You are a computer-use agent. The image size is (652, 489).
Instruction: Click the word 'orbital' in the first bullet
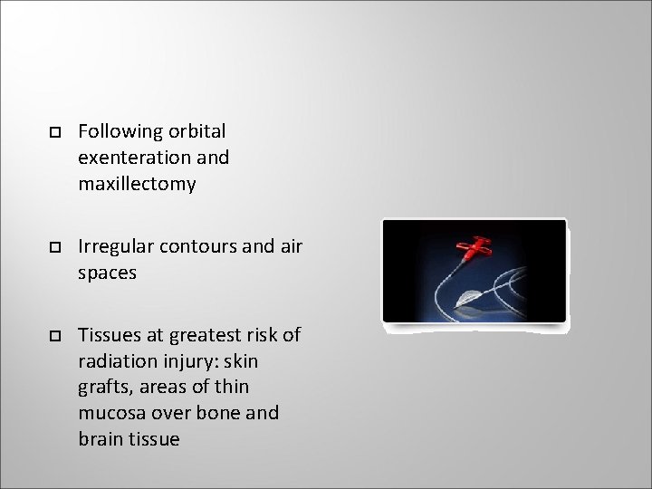coord(196,131)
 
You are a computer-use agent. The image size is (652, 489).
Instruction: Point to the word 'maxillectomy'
coord(137,184)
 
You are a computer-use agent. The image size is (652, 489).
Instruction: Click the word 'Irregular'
coord(116,246)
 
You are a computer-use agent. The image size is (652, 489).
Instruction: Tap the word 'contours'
coord(198,246)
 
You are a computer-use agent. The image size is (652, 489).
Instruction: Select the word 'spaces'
coord(107,273)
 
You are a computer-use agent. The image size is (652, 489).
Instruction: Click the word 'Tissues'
coord(108,334)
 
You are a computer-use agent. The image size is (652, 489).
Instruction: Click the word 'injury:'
coord(189,360)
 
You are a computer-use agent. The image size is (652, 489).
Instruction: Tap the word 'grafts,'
coord(105,387)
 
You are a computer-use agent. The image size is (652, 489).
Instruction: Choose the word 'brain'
coord(101,439)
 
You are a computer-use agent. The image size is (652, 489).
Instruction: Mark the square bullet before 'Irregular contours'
coord(54,247)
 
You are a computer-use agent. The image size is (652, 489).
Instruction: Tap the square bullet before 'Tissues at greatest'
coord(54,335)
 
